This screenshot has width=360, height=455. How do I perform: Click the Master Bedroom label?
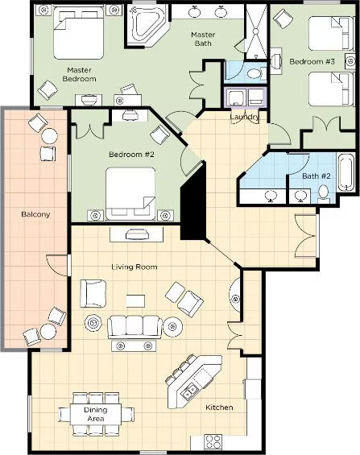pos(79,74)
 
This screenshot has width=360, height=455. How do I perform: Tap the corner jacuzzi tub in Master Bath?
pos(145,26)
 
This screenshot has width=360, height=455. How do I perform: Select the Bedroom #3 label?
pos(312,61)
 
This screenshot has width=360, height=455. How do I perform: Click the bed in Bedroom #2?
pos(130,193)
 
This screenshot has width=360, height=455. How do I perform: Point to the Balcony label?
pos(35,214)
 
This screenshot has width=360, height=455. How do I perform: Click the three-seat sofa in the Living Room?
pos(134,327)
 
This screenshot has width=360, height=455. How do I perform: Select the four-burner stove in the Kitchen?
pos(213,442)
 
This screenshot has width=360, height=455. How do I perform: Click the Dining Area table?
pos(96,414)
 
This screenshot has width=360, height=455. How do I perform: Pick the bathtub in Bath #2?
pos(346,172)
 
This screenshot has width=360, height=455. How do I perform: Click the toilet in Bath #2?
pos(323,193)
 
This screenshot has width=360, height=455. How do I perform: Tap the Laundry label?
pos(245,117)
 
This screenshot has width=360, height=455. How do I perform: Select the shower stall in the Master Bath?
pos(256,31)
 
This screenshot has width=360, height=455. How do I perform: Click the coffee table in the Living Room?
pos(135,301)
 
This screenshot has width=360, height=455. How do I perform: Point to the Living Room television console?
pos(136,234)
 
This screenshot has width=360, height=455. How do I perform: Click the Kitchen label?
pos(219,407)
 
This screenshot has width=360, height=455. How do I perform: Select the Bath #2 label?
pos(317,176)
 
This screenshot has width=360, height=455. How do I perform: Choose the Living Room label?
pos(134,267)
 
